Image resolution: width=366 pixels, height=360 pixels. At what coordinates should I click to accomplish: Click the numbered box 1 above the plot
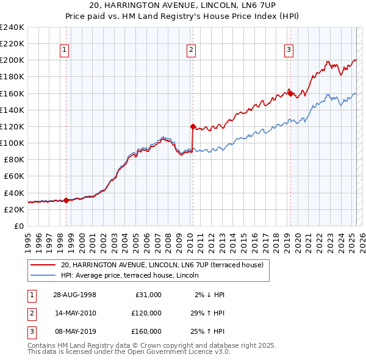coord(65,51)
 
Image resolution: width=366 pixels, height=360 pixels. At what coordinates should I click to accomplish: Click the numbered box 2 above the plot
coord(192,51)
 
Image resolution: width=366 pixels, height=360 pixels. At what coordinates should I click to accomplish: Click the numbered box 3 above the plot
coord(289,51)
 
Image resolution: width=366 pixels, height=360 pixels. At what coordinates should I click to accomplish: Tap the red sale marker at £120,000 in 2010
coord(193,127)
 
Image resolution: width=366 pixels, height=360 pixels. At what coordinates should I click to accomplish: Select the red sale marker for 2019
coord(290,93)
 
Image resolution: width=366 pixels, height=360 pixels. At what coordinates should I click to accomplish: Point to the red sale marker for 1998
coord(66,200)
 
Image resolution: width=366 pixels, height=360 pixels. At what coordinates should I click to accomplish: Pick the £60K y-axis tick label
coord(14,176)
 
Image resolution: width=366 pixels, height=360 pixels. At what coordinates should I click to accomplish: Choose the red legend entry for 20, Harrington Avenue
coord(162,265)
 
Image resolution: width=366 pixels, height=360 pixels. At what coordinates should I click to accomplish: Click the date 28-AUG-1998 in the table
coord(75,295)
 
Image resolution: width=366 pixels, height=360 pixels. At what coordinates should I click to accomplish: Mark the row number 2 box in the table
coord(30,313)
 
